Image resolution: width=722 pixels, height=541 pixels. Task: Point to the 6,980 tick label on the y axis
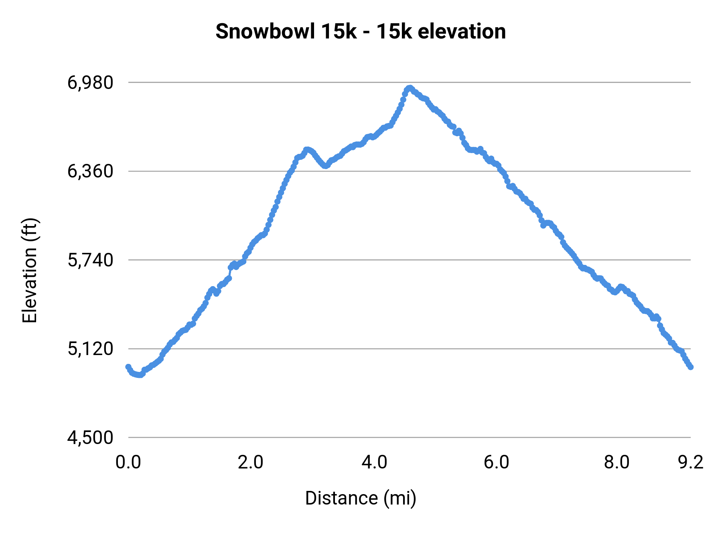pos(90,83)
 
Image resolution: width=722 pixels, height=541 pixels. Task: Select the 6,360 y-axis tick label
pos(90,172)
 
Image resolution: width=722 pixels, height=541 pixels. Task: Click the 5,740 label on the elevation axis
pos(90,260)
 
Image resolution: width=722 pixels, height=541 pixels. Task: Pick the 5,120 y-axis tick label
pos(90,349)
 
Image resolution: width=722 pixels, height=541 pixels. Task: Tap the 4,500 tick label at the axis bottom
pos(90,438)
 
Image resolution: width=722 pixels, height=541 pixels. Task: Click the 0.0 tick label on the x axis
pos(128,462)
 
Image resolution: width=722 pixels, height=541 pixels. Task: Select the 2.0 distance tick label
pos(250,462)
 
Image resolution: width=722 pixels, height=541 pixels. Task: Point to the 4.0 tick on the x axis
pos(374,462)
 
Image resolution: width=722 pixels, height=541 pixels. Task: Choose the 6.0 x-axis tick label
pos(496,462)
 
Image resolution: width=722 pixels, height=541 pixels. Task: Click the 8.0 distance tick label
pos(617,462)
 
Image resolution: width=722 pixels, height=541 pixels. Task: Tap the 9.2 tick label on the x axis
pos(691,462)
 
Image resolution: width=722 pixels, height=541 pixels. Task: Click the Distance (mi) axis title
pos(361,498)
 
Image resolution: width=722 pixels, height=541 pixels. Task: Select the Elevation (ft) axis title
pos(30,270)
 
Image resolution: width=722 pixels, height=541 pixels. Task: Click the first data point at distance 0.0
pos(128,367)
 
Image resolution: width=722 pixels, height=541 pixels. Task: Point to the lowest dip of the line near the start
pos(139,375)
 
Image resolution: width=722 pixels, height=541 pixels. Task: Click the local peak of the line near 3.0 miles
pos(307,149)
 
